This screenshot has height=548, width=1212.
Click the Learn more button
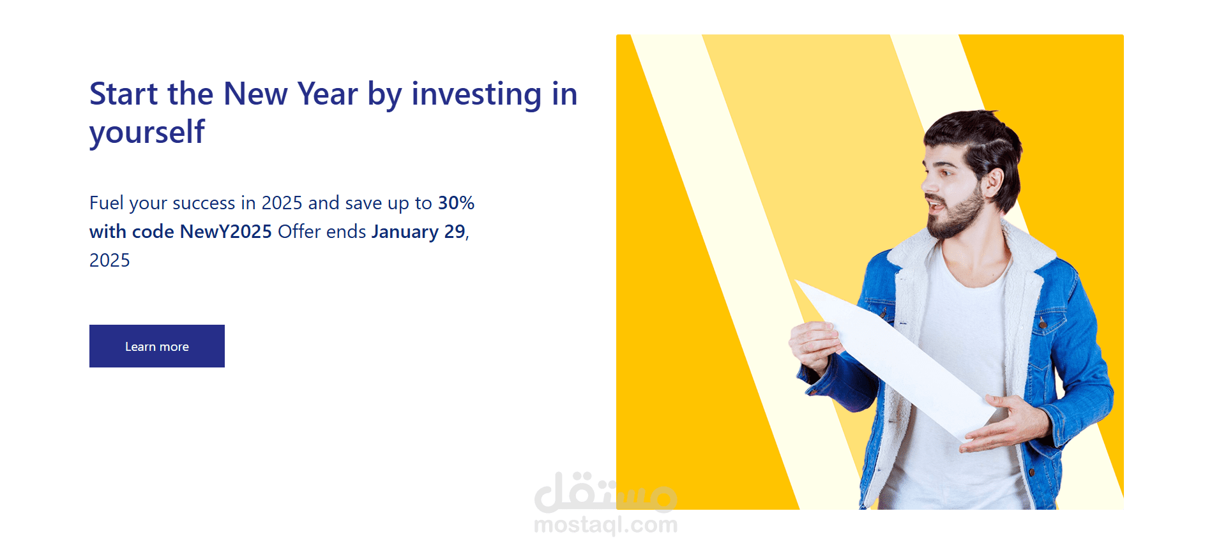pyautogui.click(x=157, y=346)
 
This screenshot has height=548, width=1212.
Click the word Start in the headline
pyautogui.click(x=123, y=94)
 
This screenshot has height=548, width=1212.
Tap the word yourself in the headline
pyautogui.click(x=147, y=133)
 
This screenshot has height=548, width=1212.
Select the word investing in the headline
pyautogui.click(x=476, y=94)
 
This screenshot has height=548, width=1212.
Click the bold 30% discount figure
pyautogui.click(x=456, y=203)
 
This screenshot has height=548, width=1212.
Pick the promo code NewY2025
pyautogui.click(x=226, y=232)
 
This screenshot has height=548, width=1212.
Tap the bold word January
pyautogui.click(x=405, y=232)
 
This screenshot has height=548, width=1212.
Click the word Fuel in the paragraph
pyautogui.click(x=107, y=203)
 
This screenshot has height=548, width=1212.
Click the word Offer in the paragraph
pyautogui.click(x=299, y=232)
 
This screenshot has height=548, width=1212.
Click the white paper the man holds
pyautogui.click(x=895, y=357)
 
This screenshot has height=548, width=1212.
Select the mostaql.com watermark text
pyautogui.click(x=605, y=525)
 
